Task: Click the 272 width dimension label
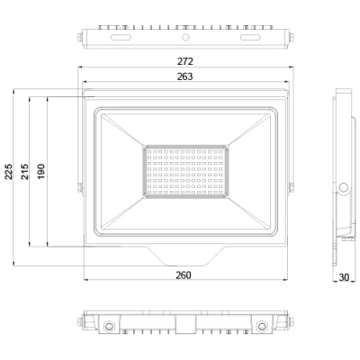(186, 61)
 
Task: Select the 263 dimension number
(186, 76)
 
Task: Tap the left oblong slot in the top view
(120, 39)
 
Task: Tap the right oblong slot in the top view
(251, 39)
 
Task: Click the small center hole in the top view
(185, 39)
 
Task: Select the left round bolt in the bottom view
(109, 325)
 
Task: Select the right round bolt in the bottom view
(262, 325)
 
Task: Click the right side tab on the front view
(290, 186)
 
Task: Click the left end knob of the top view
(81, 37)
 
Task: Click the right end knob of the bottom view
(292, 322)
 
